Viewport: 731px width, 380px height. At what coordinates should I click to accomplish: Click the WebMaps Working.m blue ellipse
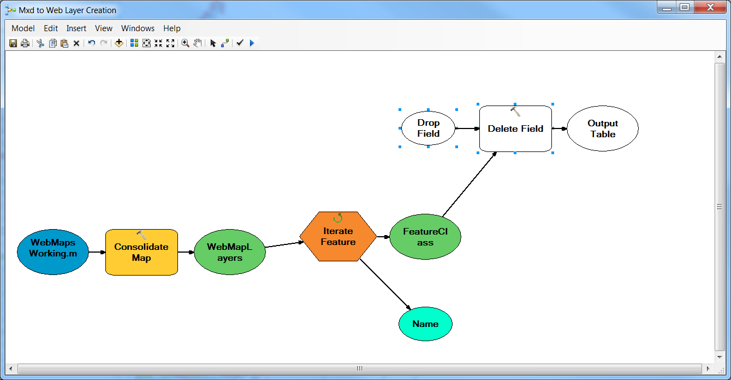(53, 252)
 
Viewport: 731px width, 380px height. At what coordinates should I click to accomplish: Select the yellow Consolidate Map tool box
(141, 252)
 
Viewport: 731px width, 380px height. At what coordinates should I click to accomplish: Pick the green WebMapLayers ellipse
(230, 252)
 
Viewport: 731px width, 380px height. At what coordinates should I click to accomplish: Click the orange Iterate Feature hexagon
(338, 236)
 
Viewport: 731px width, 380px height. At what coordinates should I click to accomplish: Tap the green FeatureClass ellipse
(425, 237)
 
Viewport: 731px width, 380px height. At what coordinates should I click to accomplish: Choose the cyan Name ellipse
(425, 324)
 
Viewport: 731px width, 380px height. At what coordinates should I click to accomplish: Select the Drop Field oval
(428, 128)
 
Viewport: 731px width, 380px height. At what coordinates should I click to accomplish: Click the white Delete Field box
(515, 128)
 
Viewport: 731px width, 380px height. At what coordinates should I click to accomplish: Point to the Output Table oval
(603, 128)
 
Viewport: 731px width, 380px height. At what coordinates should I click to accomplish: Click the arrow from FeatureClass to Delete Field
(469, 184)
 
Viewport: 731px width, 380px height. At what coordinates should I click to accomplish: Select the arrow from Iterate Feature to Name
(385, 284)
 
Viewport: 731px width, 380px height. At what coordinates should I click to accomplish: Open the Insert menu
(76, 28)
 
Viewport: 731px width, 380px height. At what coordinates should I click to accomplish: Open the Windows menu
(138, 28)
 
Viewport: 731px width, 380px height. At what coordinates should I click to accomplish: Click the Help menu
(172, 28)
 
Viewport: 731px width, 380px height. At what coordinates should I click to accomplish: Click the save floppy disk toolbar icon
(13, 43)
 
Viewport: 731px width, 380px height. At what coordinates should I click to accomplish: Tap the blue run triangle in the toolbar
(252, 43)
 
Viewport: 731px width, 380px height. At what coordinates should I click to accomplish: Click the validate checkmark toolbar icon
(240, 43)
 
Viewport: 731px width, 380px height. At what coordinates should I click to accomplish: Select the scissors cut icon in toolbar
(40, 43)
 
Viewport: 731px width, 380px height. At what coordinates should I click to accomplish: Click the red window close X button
(710, 7)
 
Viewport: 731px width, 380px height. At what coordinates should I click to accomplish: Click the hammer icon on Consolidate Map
(141, 235)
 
